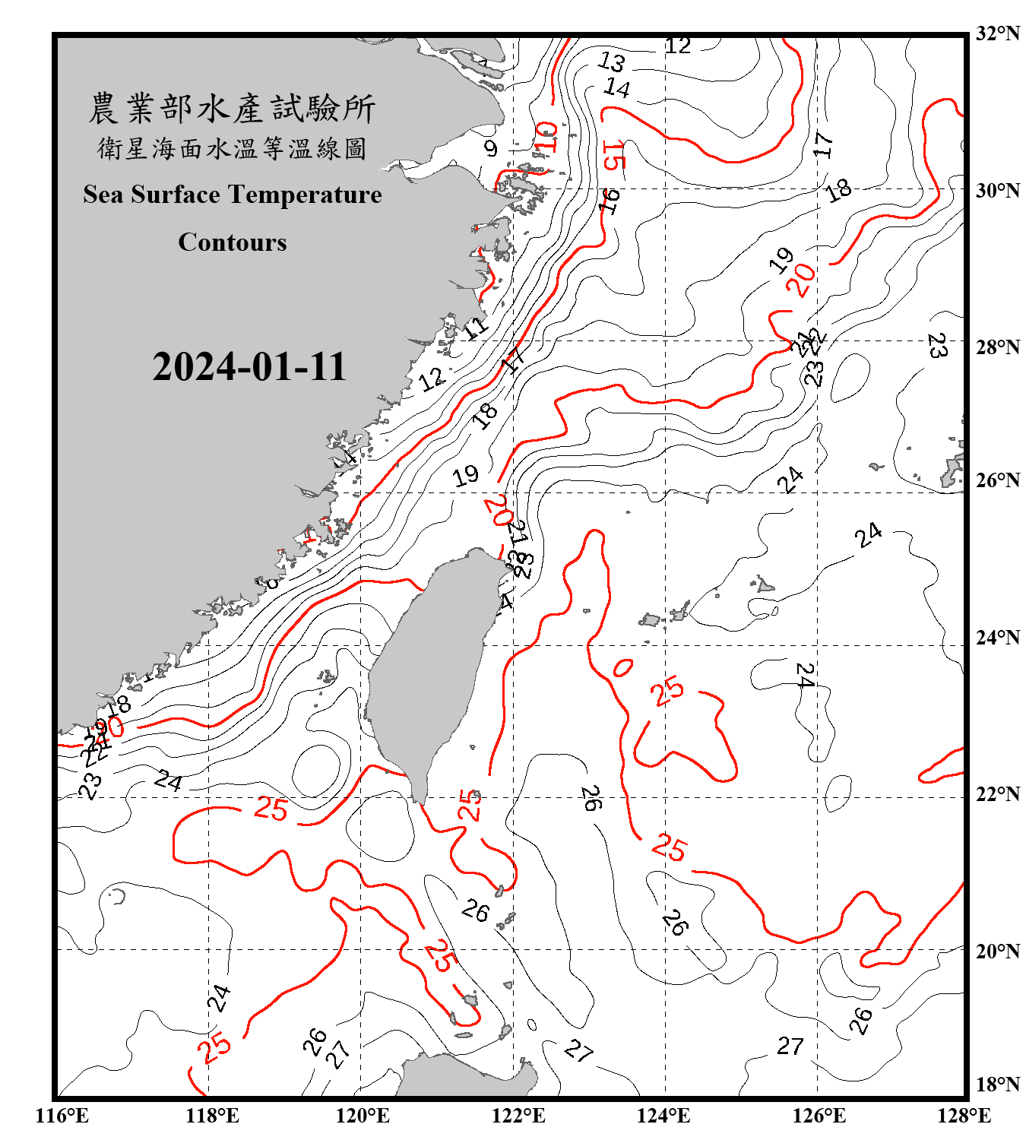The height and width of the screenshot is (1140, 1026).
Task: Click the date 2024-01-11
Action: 249,367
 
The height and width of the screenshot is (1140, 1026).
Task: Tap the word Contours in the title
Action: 233,242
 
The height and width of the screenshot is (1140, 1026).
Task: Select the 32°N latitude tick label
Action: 997,33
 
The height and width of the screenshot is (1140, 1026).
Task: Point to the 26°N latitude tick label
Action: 997,480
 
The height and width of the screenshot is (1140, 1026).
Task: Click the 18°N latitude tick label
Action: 997,1085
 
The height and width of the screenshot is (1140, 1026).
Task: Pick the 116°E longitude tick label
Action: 62,1116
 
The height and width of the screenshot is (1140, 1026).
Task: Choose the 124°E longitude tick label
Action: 663,1116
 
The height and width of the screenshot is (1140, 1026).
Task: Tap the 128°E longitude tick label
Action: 964,1116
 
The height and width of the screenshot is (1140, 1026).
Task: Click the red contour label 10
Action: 546,138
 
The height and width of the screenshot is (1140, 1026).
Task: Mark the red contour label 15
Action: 613,156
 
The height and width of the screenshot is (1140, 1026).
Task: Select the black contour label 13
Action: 612,61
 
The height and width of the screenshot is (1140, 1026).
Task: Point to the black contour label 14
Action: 616,88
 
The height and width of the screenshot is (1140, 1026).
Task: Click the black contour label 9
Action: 491,148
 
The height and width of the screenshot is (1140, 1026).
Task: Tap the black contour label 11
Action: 476,328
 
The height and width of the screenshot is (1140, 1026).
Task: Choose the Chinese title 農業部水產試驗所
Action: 232,109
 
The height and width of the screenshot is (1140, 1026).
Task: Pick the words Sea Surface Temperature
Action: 233,195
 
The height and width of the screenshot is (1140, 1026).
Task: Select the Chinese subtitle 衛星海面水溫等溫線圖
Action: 232,148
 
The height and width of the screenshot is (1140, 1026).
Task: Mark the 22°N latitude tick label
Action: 997,794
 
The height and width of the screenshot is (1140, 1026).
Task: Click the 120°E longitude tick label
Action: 363,1116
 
